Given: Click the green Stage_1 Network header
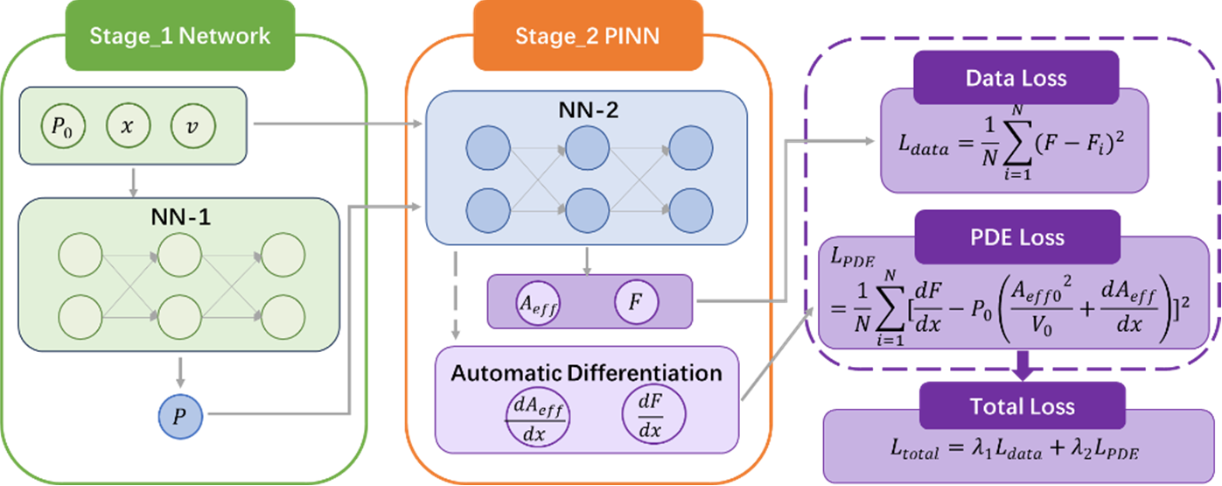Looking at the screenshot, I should click(x=180, y=37).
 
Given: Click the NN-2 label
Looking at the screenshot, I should click(x=587, y=112).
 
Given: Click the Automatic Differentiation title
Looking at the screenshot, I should click(x=586, y=372).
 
